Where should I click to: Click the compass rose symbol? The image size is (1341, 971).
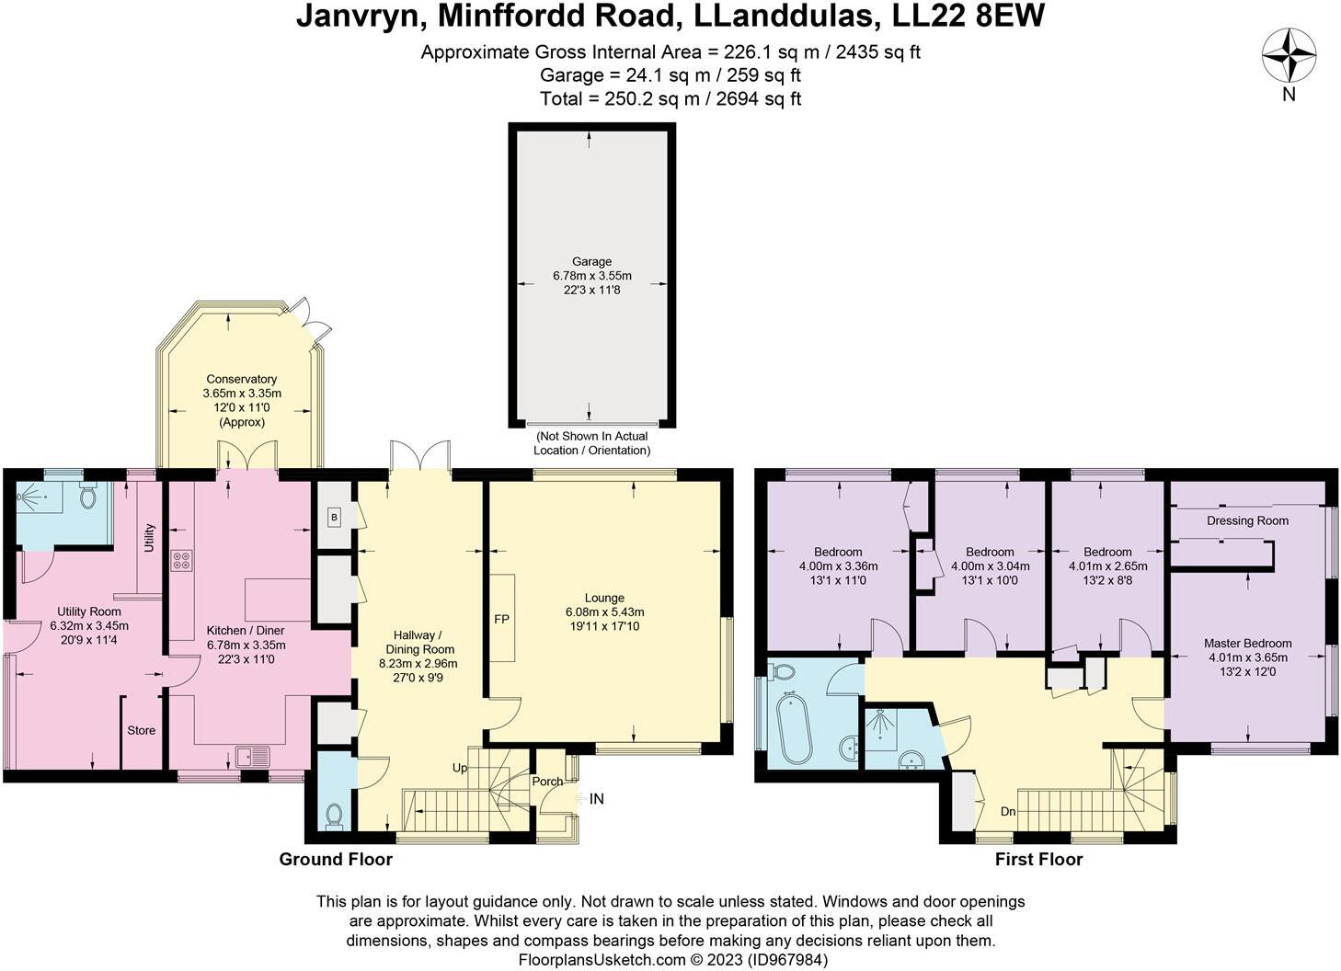1289,55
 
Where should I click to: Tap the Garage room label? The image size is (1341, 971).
591,261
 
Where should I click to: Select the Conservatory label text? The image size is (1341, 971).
241,379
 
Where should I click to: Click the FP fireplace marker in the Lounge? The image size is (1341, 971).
501,619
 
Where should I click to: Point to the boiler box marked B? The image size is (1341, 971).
334,518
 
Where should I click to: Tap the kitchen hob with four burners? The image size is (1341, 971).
180,560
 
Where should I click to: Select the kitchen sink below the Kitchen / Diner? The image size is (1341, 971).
253,757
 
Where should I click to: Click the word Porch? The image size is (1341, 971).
547,782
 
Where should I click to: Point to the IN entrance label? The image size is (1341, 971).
596,799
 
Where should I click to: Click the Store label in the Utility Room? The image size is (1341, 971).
141,730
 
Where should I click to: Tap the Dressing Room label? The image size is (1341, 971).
1247,520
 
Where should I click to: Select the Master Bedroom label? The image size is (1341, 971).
1247,644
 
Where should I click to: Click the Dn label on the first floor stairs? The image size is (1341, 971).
1008,812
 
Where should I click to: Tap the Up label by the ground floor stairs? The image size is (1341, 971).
460,768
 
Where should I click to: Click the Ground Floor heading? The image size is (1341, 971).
336,859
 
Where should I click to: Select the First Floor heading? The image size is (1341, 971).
1038,859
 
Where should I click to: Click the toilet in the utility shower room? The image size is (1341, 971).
88,497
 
